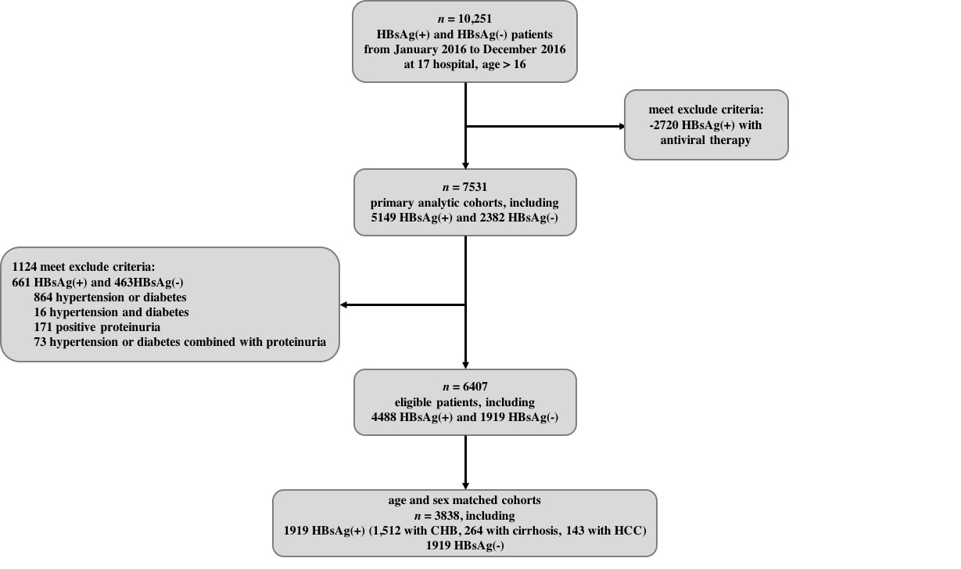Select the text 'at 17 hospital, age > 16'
click(x=464, y=64)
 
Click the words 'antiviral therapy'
click(x=705, y=140)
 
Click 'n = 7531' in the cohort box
click(x=464, y=187)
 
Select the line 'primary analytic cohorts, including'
click(x=464, y=203)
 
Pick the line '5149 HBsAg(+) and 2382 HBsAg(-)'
click(x=464, y=218)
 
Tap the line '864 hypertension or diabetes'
click(x=110, y=297)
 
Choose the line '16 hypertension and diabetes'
click(x=111, y=312)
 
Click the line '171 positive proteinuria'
click(x=97, y=327)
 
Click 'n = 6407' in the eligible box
click(x=464, y=387)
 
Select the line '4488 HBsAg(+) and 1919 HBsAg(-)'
click(x=464, y=417)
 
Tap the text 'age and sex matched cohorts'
click(x=464, y=500)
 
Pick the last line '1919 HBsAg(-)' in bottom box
click(x=464, y=546)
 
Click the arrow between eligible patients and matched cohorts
click(x=465, y=462)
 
